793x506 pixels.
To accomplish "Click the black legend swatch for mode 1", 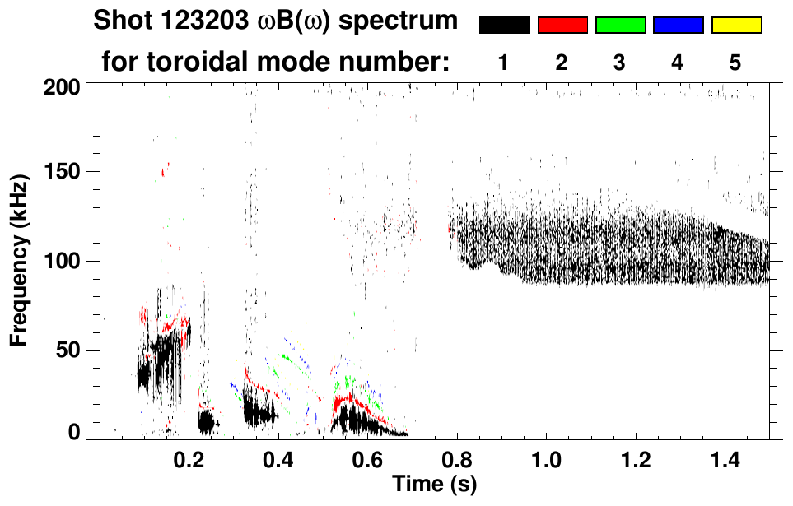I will (x=504, y=26).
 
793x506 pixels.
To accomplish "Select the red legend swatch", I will (x=562, y=26).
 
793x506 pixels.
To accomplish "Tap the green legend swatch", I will (x=620, y=26).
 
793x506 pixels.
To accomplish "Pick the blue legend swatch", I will (x=678, y=26).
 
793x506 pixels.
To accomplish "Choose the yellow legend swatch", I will (x=735, y=26).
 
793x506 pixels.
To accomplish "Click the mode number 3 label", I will (x=620, y=63).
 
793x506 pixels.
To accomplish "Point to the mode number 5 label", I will (x=735, y=63).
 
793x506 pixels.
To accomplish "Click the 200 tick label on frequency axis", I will (x=62, y=86).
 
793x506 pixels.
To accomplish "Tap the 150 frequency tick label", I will (x=62, y=172).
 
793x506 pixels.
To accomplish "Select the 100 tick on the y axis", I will (x=62, y=262).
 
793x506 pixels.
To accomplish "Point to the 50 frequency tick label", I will (x=67, y=351).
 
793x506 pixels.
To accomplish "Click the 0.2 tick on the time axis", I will (x=189, y=457).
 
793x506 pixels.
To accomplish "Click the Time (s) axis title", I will (x=434, y=483).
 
